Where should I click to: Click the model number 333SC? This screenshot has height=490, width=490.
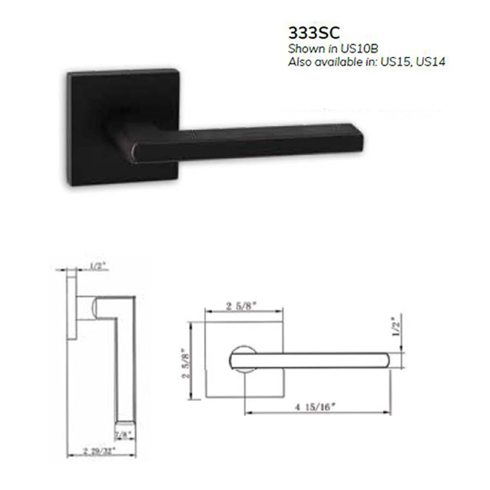(x=314, y=33)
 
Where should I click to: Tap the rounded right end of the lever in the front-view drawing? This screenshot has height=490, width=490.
(x=385, y=360)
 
